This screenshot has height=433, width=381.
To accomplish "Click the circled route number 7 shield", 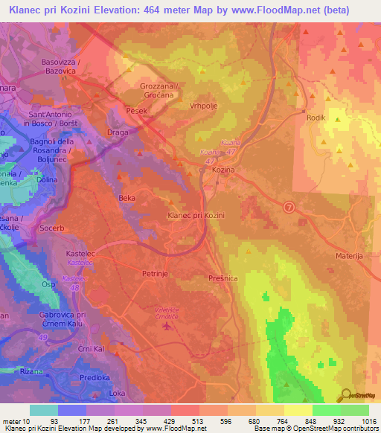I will [289, 206].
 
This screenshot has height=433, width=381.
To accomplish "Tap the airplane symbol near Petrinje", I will [166, 324].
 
